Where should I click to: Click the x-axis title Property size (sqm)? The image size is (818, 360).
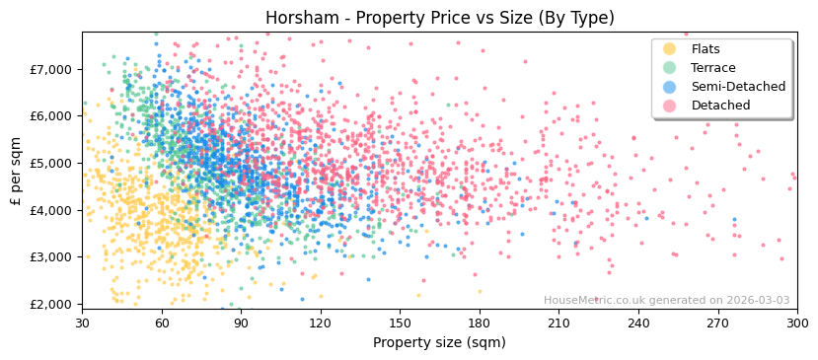point(439,342)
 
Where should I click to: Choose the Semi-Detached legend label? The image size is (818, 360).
point(738,87)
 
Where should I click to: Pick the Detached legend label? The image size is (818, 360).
point(721,106)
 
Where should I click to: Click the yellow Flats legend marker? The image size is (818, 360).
point(670,49)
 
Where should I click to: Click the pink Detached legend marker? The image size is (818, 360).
point(670,106)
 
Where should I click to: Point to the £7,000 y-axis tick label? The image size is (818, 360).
point(51,69)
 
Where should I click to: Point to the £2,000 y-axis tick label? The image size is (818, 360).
point(51,304)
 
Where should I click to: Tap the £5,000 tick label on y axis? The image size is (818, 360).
point(51,163)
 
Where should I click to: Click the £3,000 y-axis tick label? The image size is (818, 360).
point(51,256)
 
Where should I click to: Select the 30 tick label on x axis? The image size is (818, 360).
point(82,323)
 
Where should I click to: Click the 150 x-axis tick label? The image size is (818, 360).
point(400,323)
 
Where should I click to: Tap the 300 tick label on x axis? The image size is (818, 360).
point(796,323)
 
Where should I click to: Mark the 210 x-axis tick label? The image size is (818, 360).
point(558,323)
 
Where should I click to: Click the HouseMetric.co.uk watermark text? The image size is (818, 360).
point(666,301)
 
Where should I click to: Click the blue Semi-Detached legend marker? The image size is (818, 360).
point(670,87)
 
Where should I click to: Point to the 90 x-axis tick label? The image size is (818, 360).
point(241,323)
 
